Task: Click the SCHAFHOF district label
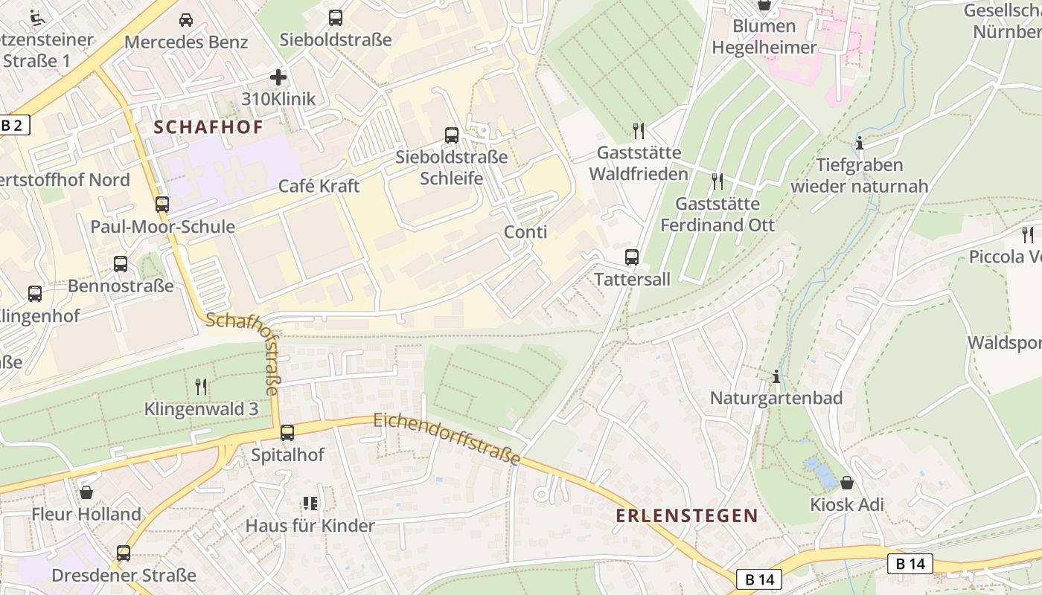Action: pos(208,127)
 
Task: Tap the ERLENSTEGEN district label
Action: pos(686,515)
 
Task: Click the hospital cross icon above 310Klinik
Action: pos(278,77)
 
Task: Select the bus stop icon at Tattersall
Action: pos(632,257)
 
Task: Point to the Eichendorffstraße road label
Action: pos(447,439)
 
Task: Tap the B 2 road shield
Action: pos(13,125)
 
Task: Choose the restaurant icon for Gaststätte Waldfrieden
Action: pos(638,131)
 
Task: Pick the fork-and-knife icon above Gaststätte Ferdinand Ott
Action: pos(717,181)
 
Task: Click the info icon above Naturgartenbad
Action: pos(776,376)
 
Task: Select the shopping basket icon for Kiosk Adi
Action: pos(847,483)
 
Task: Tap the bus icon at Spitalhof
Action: pos(287,432)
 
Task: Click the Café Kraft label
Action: pos(319,186)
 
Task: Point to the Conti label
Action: pos(525,232)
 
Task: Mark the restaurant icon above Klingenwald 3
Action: pos(201,386)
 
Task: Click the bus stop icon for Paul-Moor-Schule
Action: pos(162,204)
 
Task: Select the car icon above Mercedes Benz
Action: pos(186,19)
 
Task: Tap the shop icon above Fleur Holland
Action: pos(87,492)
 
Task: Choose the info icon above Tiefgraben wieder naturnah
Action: pos(860,143)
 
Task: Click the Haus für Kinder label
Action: pos(310,526)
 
